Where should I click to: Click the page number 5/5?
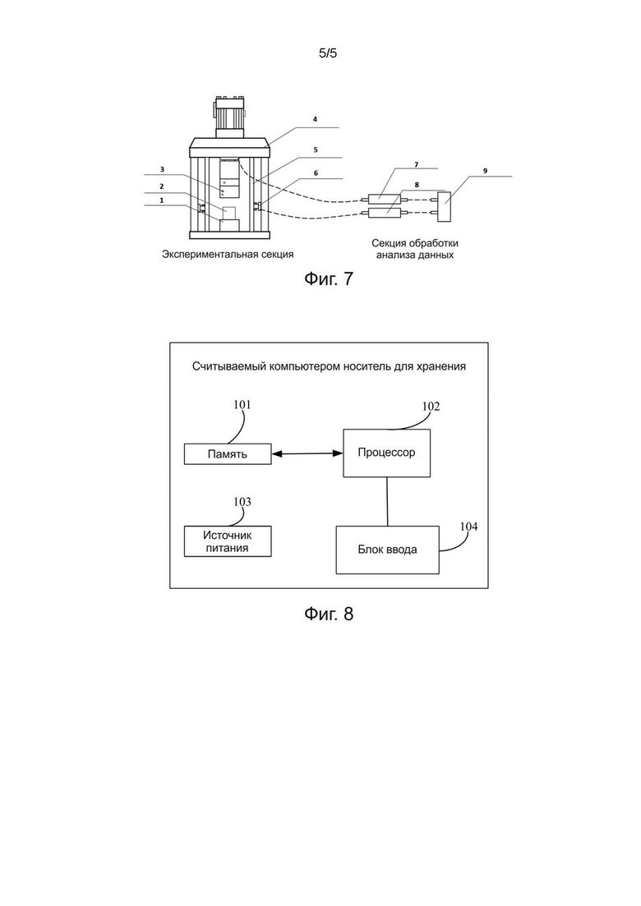pyautogui.click(x=328, y=53)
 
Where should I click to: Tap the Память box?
pyautogui.click(x=228, y=454)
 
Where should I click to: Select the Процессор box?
pyautogui.click(x=387, y=453)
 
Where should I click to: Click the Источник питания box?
pyautogui.click(x=228, y=541)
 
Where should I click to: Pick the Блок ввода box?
pyautogui.click(x=387, y=550)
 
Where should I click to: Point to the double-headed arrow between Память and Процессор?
pyautogui.click(x=307, y=454)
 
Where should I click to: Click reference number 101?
pyautogui.click(x=242, y=404)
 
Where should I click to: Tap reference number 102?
pyautogui.click(x=431, y=407)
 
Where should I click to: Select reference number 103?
pyautogui.click(x=242, y=502)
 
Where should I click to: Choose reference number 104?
pyautogui.click(x=468, y=527)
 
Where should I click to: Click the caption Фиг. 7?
pyautogui.click(x=328, y=279)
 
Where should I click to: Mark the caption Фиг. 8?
pyautogui.click(x=328, y=614)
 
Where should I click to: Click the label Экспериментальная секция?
pyautogui.click(x=228, y=255)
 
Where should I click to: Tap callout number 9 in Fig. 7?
pyautogui.click(x=485, y=171)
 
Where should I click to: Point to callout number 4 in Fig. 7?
pyautogui.click(x=315, y=119)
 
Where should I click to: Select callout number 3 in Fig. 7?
pyautogui.click(x=163, y=169)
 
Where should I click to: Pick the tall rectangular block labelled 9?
pyautogui.click(x=445, y=207)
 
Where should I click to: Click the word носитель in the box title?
pyautogui.click(x=367, y=366)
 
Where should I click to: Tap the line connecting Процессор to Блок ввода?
pyautogui.click(x=387, y=502)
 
